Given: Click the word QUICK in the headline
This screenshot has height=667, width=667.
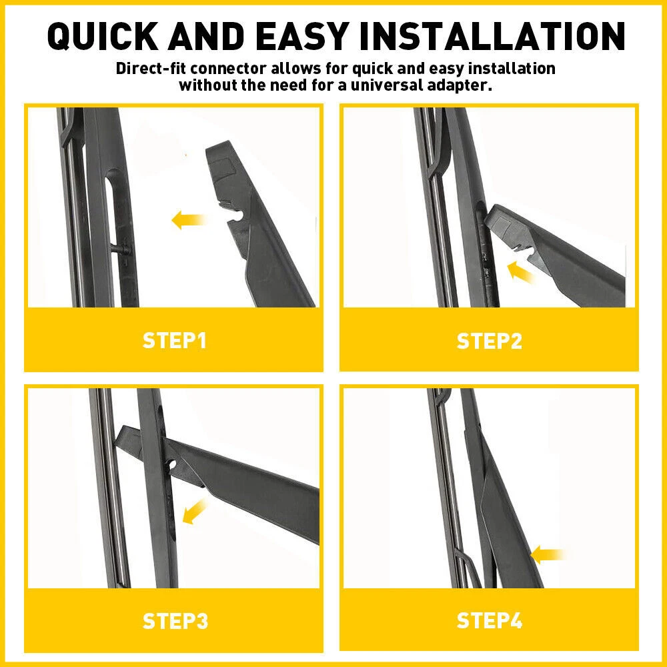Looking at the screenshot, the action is click(x=103, y=36).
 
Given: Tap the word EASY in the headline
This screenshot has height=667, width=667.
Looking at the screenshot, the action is click(x=302, y=36).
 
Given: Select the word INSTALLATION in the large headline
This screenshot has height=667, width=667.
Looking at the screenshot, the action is click(x=492, y=36).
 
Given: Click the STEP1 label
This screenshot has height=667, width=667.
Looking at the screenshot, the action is click(x=174, y=341).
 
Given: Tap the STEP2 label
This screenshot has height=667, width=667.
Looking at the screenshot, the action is click(x=489, y=341).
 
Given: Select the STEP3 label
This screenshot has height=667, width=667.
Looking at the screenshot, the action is click(x=175, y=621).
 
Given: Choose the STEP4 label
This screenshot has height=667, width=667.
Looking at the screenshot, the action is click(x=489, y=620).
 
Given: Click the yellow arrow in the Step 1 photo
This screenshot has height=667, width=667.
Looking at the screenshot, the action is click(x=189, y=220).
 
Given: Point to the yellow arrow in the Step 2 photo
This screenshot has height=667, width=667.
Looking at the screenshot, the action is click(x=520, y=272).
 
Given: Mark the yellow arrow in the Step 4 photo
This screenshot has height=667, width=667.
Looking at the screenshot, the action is click(x=548, y=555).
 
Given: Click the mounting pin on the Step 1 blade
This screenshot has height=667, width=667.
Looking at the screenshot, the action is click(x=120, y=249).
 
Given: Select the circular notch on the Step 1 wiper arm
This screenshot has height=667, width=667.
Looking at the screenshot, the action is click(x=237, y=215).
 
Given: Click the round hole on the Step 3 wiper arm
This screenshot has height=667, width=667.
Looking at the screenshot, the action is click(x=173, y=464).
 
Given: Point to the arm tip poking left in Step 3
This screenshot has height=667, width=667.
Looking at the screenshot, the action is click(x=127, y=438).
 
